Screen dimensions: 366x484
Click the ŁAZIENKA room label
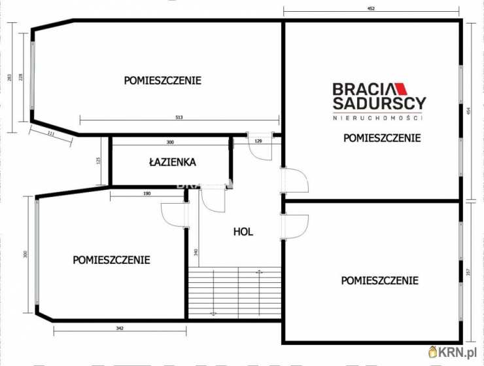coord(172,162)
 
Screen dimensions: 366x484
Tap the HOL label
coord(243,231)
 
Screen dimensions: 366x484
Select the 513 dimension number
coord(179,118)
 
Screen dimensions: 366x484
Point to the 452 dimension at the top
coord(371,9)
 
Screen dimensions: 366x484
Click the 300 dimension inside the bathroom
coord(169,142)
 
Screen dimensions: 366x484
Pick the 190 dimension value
coord(147,193)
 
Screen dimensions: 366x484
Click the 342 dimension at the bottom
coord(120,327)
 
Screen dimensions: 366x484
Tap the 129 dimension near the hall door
coord(258,141)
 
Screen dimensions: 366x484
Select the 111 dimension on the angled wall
coord(50,134)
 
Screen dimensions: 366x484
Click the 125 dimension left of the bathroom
coord(99,160)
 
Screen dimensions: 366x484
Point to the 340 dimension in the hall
coord(196,252)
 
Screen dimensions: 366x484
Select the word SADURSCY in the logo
coord(379,103)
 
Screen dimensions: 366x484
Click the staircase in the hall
coord(234,293)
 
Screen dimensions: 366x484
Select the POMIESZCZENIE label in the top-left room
coord(162,81)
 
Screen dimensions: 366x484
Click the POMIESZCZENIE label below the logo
coord(381,137)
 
